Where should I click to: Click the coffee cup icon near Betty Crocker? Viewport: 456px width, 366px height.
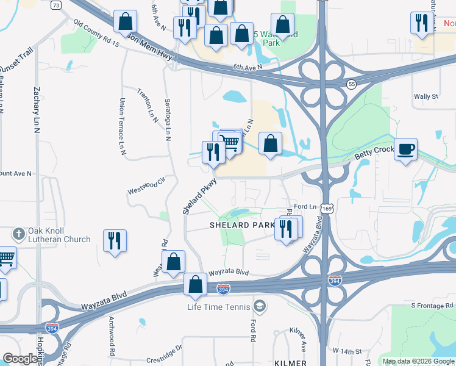pos(405,149)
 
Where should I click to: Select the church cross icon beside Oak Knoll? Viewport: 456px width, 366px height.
pos(19,234)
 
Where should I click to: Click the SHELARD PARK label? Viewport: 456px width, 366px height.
pos(242,225)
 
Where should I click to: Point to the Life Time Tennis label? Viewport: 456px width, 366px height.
pos(219,306)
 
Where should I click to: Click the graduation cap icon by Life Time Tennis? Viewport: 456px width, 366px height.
pos(259,306)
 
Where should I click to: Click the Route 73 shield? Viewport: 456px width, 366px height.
pos(56,5)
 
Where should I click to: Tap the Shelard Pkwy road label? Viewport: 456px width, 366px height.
pos(199,196)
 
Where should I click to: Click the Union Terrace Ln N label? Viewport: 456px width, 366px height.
pos(122,125)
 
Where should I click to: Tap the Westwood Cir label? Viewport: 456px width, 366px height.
pos(146,185)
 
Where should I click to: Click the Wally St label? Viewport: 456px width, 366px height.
pos(426,96)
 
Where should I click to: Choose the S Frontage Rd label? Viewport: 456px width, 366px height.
pos(432,305)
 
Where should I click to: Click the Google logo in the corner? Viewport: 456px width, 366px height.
pos(21,359)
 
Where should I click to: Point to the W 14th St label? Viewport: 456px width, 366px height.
pos(347,351)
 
